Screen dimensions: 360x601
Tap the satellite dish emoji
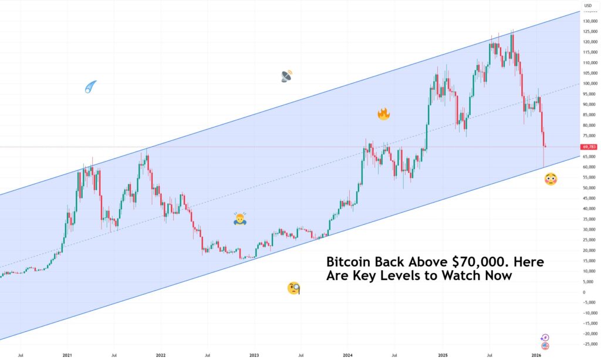286,76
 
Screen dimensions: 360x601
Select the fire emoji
384,114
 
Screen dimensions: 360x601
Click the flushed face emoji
551,179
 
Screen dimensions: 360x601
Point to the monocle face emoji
294,288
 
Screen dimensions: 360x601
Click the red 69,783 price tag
589,147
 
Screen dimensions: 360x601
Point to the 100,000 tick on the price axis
589,83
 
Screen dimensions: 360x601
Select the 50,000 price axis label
589,188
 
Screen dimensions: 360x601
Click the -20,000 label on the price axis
589,334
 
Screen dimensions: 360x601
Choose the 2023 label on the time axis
254,355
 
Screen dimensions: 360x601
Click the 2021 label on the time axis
67,355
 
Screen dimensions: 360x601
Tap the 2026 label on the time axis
536,355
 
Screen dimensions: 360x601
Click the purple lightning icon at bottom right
545,338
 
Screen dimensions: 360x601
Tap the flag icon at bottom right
545,346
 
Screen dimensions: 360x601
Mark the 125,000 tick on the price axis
589,31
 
